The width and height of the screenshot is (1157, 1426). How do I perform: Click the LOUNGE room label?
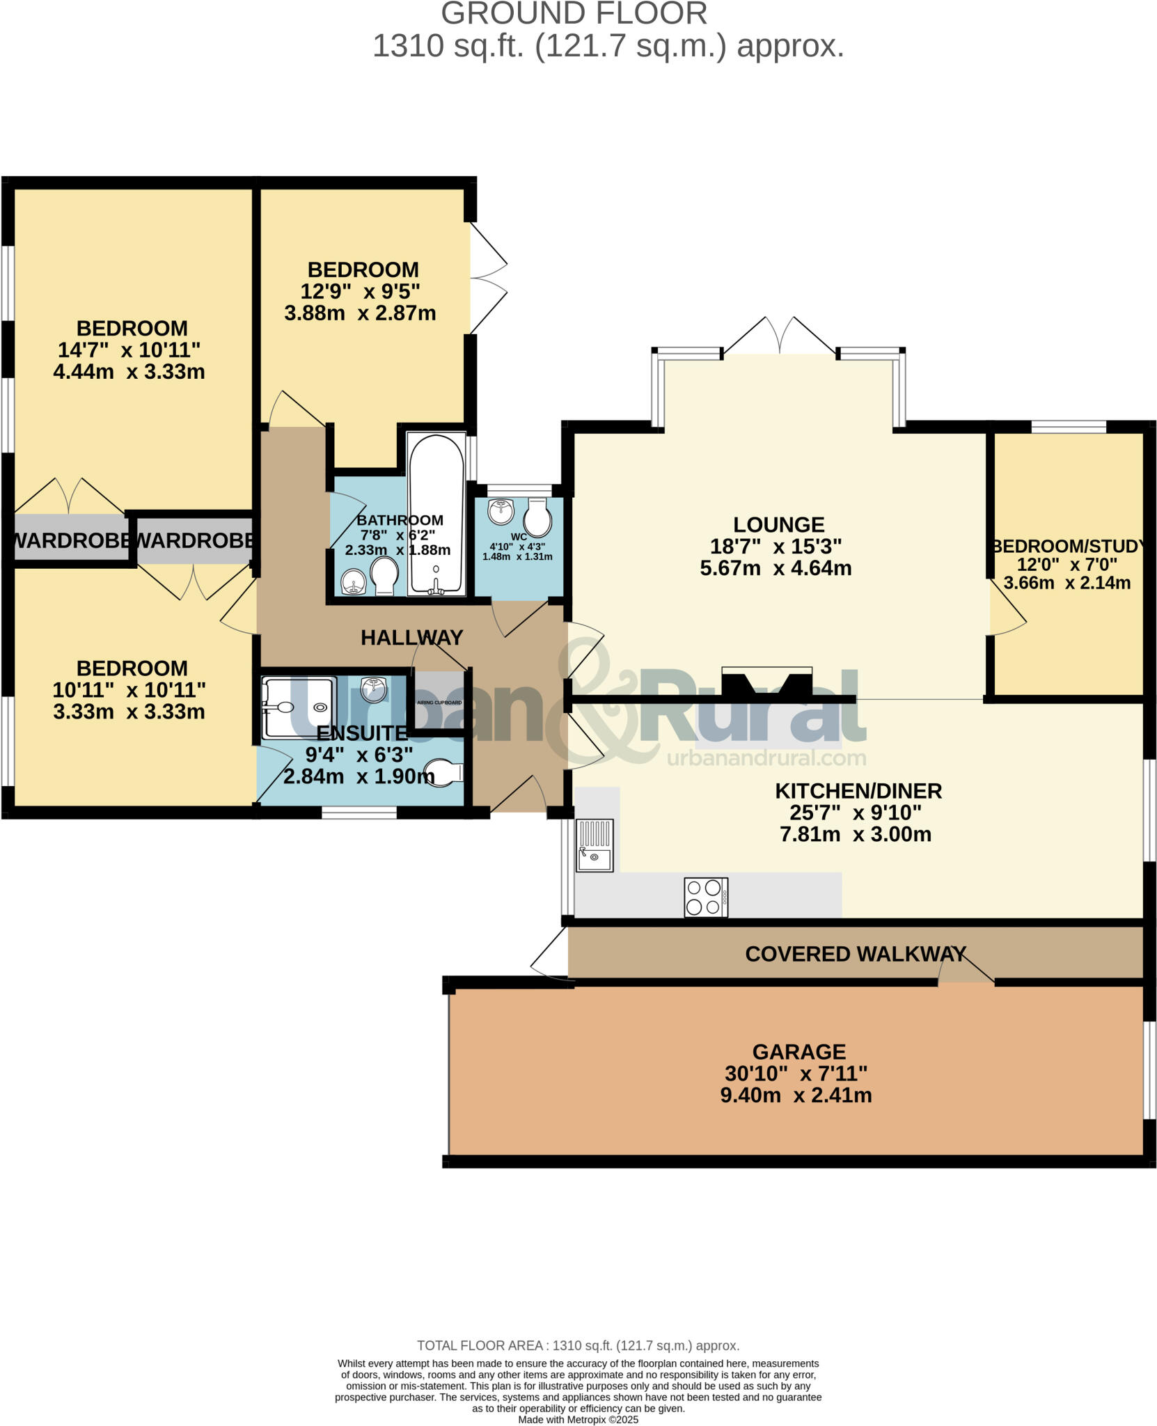click(778, 524)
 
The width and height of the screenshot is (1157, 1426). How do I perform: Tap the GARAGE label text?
click(798, 1051)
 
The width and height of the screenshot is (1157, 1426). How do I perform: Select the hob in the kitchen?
click(705, 898)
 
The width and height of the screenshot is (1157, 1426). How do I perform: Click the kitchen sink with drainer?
click(595, 845)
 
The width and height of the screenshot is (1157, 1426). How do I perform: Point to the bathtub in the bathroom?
click(436, 515)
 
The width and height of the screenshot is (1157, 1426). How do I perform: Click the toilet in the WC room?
click(537, 517)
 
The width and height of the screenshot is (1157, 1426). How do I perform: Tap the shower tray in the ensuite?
click(298, 707)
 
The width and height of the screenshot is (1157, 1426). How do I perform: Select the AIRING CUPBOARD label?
click(439, 703)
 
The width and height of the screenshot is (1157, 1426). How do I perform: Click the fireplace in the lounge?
click(766, 683)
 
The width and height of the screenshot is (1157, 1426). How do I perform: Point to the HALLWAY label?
click(411, 637)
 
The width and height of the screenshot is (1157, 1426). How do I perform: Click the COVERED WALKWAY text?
click(855, 954)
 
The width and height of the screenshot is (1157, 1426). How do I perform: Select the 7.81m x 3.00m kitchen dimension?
click(855, 834)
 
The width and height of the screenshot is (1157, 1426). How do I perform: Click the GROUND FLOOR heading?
click(574, 14)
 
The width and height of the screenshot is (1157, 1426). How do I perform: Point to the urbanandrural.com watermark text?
click(766, 758)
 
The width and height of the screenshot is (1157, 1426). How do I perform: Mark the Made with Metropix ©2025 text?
click(578, 1420)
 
